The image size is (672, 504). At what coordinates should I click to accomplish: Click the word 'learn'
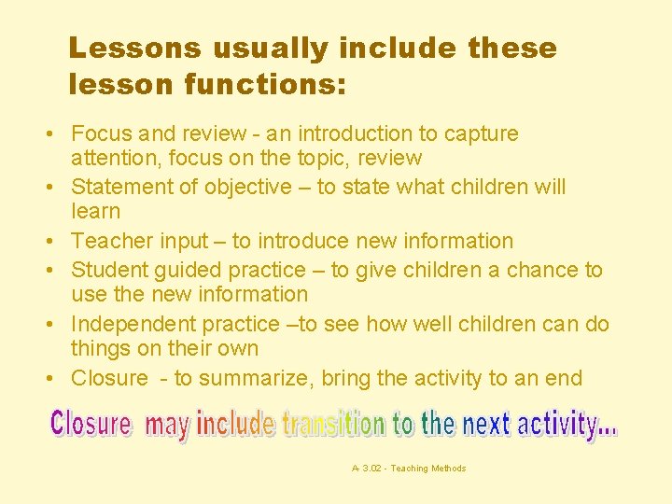click(96, 212)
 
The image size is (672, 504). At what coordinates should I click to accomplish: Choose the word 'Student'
click(110, 270)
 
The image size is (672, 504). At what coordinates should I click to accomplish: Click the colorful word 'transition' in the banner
click(332, 425)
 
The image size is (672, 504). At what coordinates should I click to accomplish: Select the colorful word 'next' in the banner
click(486, 425)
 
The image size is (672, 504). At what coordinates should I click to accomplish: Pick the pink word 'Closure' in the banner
click(91, 424)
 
